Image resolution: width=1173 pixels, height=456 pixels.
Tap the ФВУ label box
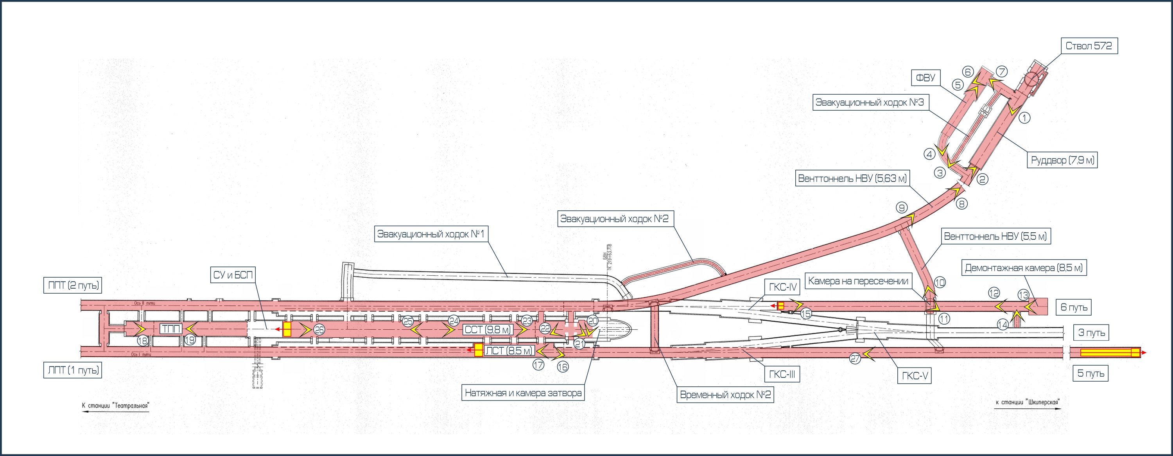(925, 78)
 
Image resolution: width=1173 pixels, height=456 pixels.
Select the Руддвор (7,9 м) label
(1062, 160)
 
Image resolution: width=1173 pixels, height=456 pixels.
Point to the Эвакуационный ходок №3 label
(869, 102)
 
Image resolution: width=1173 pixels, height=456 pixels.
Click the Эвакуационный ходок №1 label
(430, 234)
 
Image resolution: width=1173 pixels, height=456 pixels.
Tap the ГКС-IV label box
(783, 287)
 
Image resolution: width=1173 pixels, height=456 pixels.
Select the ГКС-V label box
(915, 376)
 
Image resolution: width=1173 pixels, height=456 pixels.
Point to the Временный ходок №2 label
(725, 395)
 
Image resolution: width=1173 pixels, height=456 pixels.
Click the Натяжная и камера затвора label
(523, 393)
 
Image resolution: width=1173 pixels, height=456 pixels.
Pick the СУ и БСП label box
(233, 275)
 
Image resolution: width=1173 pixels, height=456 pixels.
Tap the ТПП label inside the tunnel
(171, 329)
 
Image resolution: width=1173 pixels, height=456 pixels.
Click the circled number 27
(855, 359)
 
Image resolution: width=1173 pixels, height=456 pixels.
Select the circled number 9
(902, 208)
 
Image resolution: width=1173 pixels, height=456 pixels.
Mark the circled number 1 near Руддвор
(1024, 118)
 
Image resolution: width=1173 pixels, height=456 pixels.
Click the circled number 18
(143, 340)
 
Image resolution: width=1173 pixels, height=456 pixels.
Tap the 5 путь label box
(1090, 373)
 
